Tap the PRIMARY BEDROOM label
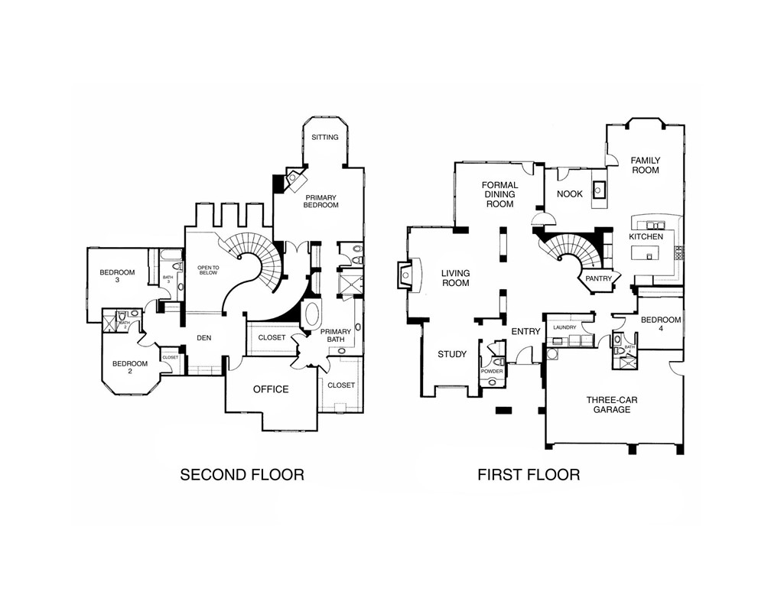pyautogui.click(x=320, y=200)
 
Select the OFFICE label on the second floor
pyautogui.click(x=271, y=389)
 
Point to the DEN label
pyautogui.click(x=203, y=336)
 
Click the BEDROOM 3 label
pyautogui.click(x=117, y=276)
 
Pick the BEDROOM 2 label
pyautogui.click(x=129, y=367)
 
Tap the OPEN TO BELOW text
pyautogui.click(x=209, y=269)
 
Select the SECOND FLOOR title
pyautogui.click(x=242, y=475)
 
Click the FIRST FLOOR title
pyautogui.click(x=529, y=475)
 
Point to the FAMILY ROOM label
pyautogui.click(x=645, y=165)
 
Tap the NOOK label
pyautogui.click(x=570, y=194)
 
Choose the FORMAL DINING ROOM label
pyautogui.click(x=500, y=194)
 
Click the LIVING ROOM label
pyautogui.click(x=454, y=278)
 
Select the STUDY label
pyautogui.click(x=452, y=354)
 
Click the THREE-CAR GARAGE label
pyautogui.click(x=609, y=405)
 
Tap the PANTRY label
pyautogui.click(x=598, y=279)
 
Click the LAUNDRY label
pyautogui.click(x=565, y=327)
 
